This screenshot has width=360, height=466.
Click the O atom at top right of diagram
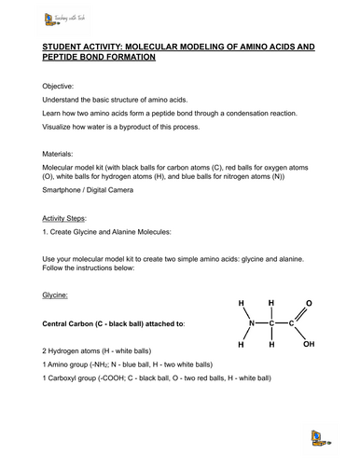[x=309, y=304]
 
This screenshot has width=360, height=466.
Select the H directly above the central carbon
[x=271, y=303]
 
